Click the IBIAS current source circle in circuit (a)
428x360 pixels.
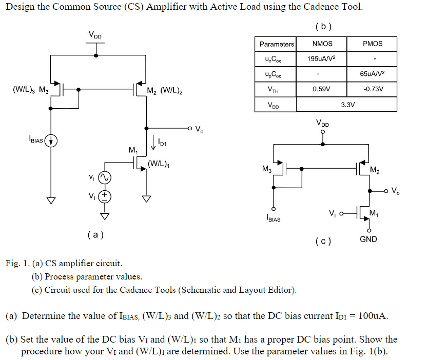[x=51, y=139]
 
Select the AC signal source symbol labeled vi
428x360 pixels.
[x=105, y=177]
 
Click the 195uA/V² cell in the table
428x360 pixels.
[x=322, y=59]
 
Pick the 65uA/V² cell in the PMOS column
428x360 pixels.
[x=372, y=74]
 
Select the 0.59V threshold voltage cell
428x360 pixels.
[x=322, y=89]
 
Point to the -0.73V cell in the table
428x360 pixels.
[x=372, y=89]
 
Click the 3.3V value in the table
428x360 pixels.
[x=347, y=105]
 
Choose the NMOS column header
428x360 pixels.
[x=322, y=44]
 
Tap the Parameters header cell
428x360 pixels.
[x=277, y=44]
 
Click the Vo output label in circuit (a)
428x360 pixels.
[x=199, y=129]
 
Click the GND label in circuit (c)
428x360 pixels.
[x=368, y=239]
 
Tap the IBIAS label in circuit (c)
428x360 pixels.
[x=274, y=220]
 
